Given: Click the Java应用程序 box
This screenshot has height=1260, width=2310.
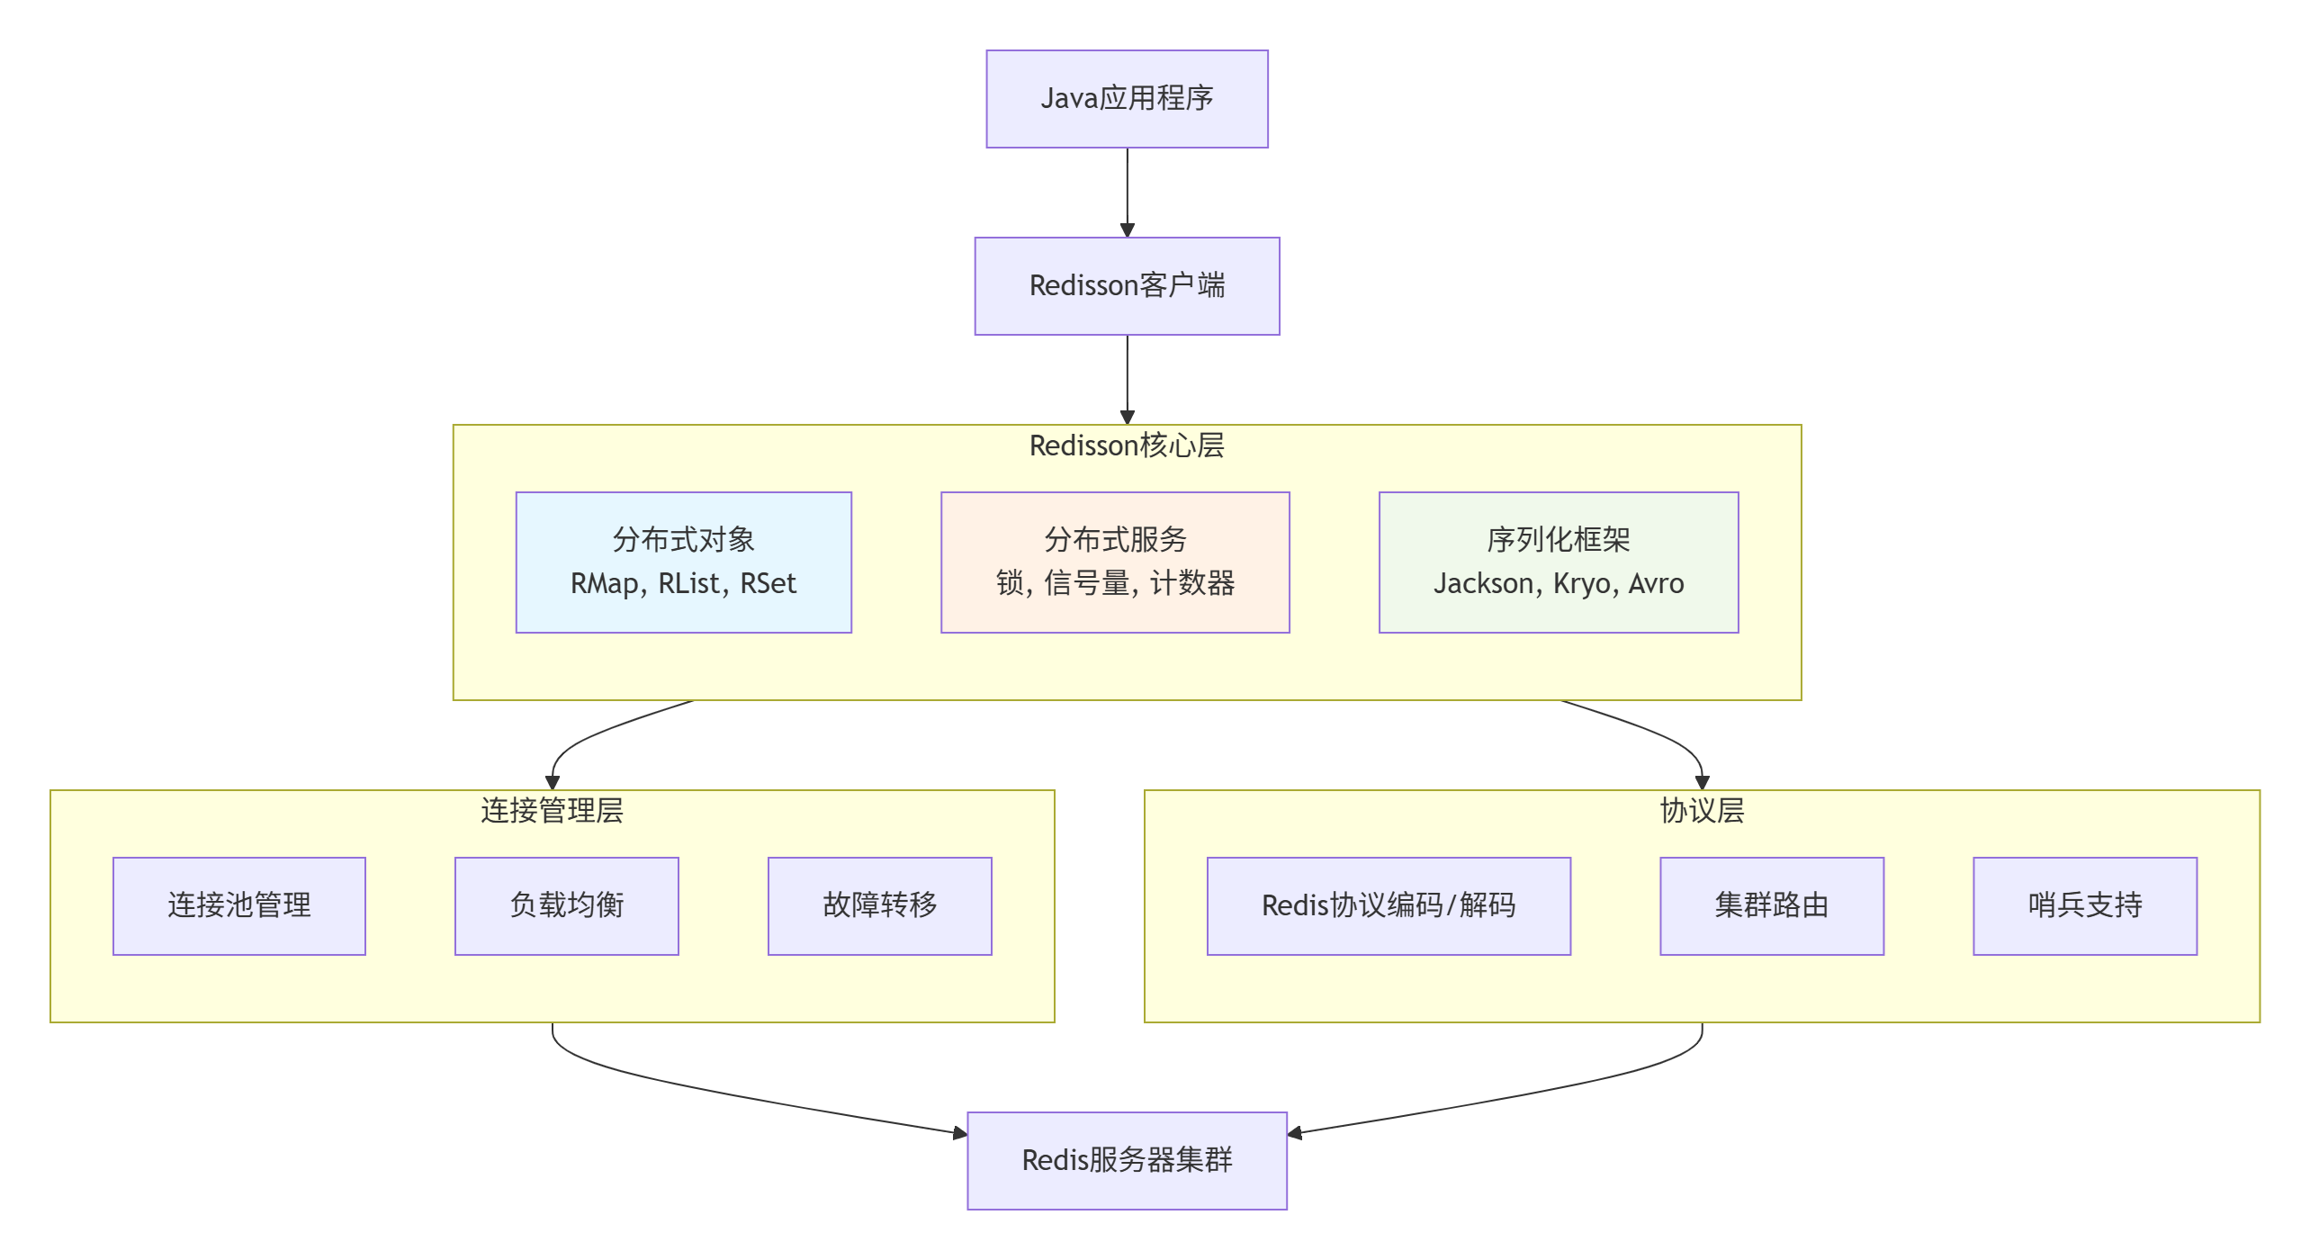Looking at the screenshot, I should (1127, 99).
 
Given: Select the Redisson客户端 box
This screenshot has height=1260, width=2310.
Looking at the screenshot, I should (1127, 286).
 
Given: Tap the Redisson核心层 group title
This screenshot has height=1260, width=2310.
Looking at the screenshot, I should (1127, 445).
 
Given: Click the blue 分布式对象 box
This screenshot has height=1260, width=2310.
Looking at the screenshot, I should (683, 562).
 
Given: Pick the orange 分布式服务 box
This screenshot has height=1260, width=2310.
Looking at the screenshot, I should (1115, 562).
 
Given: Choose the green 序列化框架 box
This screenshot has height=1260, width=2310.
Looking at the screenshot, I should (1558, 562).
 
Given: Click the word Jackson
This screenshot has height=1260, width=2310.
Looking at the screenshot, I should (1483, 584).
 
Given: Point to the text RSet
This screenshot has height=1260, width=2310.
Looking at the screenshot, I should (768, 584).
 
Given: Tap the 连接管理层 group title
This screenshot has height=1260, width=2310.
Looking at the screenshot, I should (552, 811).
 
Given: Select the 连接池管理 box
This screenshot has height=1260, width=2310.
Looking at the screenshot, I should (239, 905).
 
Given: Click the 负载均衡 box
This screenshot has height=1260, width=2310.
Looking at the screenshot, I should (567, 905).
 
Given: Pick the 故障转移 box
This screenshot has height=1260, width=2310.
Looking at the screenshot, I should (879, 905).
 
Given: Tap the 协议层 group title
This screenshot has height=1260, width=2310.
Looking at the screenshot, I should (1702, 811).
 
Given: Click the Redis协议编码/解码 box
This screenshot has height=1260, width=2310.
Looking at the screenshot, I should (1389, 905).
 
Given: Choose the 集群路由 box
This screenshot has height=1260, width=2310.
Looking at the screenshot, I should (1771, 905).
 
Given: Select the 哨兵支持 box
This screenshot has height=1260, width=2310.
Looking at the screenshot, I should (2084, 905).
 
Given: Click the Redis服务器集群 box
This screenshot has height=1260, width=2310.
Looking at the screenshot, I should (1127, 1160).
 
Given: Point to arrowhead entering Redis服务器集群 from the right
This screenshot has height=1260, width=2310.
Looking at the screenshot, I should (1296, 1133).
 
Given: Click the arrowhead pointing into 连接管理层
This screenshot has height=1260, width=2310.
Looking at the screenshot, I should (553, 782).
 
